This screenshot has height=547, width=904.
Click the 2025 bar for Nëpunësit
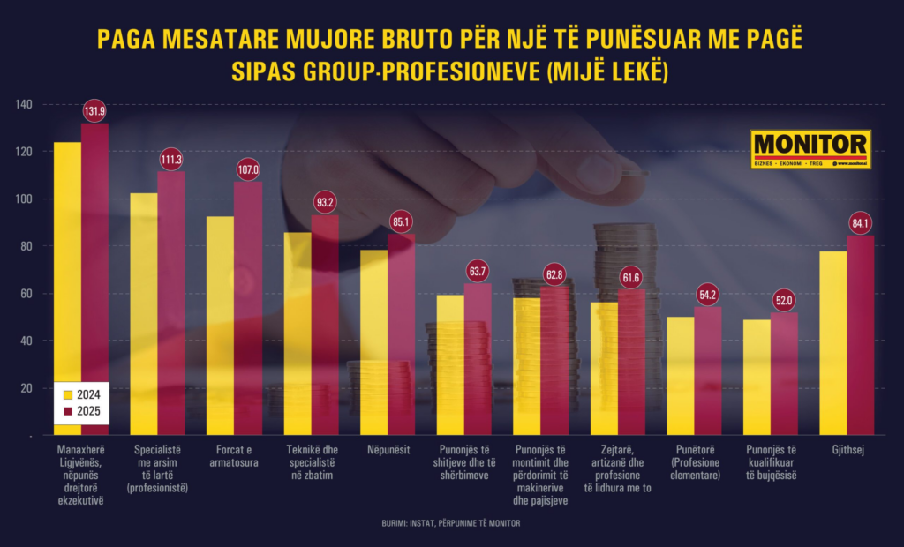pyautogui.click(x=402, y=335)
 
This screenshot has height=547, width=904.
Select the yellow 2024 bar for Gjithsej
pyautogui.click(x=833, y=344)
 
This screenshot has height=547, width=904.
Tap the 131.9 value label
pyautogui.click(x=94, y=111)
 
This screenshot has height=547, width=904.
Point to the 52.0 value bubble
pyautogui.click(x=784, y=300)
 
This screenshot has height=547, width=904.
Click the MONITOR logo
pyautogui.click(x=810, y=149)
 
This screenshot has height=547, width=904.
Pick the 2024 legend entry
pyautogui.click(x=79, y=394)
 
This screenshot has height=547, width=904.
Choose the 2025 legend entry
pyautogui.click(x=79, y=413)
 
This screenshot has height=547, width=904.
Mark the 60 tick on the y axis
pyautogui.click(x=26, y=294)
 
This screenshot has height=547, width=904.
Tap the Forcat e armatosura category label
pyautogui.click(x=231, y=456)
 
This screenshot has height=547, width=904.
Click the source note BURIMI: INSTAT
pyautogui.click(x=451, y=523)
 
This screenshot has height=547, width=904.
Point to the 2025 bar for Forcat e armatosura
pyautogui.click(x=248, y=309)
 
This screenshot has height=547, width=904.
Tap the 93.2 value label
pyautogui.click(x=325, y=203)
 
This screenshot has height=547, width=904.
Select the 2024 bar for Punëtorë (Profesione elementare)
pyautogui.click(x=680, y=375)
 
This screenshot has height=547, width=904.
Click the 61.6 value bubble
pyautogui.click(x=631, y=279)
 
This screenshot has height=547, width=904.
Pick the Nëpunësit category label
pyautogui.click(x=387, y=450)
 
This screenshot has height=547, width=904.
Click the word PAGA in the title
pyautogui.click(x=127, y=41)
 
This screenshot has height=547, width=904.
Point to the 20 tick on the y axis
pyautogui.click(x=26, y=388)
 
